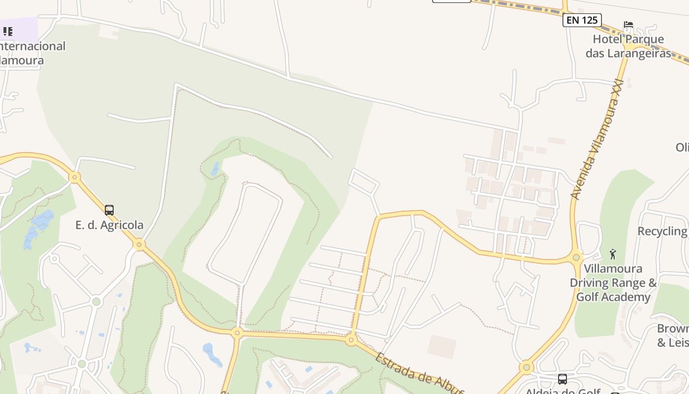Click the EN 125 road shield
point(582,20)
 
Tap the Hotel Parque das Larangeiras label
point(628,46)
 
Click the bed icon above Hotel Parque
point(628,25)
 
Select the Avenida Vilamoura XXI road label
point(596,141)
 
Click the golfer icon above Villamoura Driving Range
point(613,254)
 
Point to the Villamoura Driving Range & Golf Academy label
point(613,283)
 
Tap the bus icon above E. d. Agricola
point(109,210)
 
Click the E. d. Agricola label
point(109,225)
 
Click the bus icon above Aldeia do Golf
point(563,379)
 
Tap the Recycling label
point(662,231)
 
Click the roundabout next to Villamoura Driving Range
point(576,257)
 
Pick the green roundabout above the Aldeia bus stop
point(527,367)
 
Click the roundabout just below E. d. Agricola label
point(139,244)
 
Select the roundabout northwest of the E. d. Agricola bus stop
point(75,177)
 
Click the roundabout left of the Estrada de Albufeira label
point(351,339)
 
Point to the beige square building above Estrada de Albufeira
point(441,346)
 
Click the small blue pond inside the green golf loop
point(216,169)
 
